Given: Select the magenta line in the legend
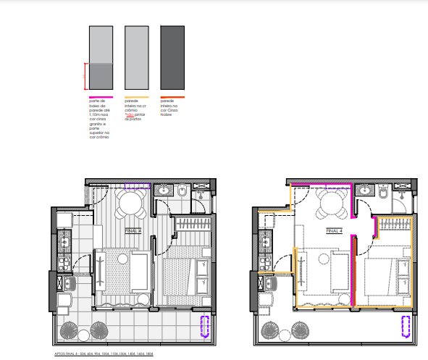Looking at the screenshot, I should [x=99, y=96].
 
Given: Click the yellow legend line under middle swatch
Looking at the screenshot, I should [x=136, y=96].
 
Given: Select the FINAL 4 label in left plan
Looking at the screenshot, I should [x=133, y=230].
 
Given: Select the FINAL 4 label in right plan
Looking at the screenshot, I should [x=333, y=230].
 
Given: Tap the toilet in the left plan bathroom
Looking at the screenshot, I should [x=182, y=191].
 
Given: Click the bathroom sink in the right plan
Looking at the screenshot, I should [x=365, y=191].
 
